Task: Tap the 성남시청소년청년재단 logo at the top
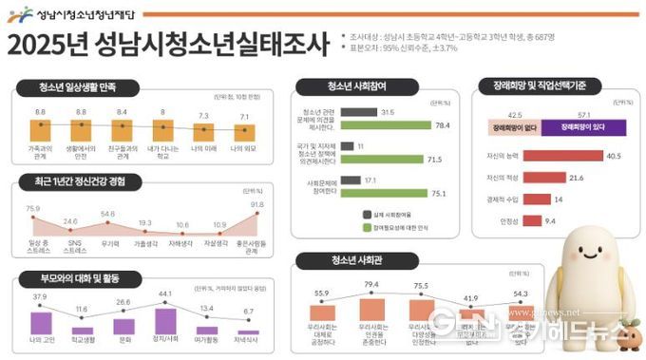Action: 71,13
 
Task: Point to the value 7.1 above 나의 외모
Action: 245,116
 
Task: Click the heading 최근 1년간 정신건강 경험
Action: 85,181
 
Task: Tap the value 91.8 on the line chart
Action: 257,203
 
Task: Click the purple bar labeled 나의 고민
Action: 41,322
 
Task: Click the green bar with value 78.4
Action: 385,125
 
